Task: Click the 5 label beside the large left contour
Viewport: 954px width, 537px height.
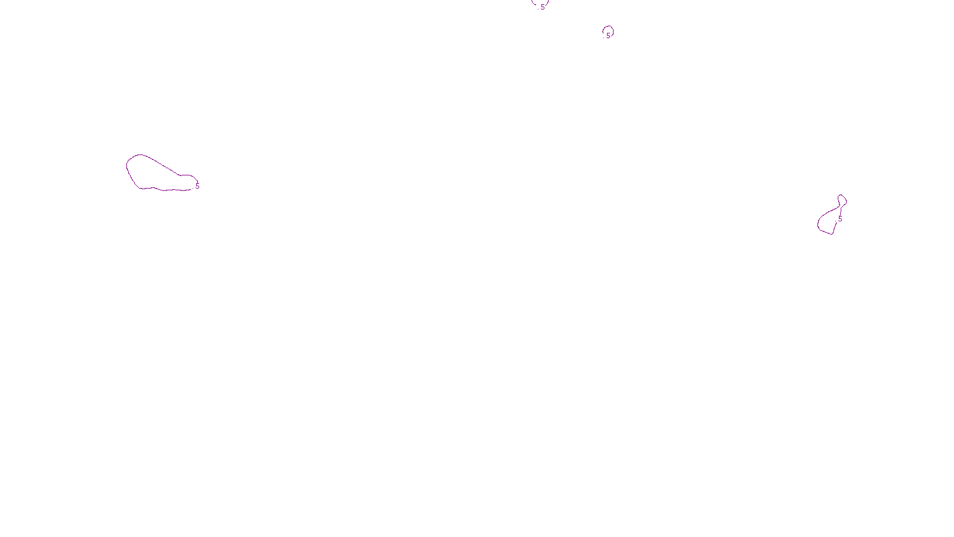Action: (197, 186)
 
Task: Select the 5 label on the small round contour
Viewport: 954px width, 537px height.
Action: (608, 35)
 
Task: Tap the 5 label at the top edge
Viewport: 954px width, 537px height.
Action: (543, 7)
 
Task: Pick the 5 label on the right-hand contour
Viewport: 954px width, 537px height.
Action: (840, 219)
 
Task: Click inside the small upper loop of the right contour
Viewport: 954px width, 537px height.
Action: (842, 200)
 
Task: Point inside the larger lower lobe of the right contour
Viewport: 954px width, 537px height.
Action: (828, 221)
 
